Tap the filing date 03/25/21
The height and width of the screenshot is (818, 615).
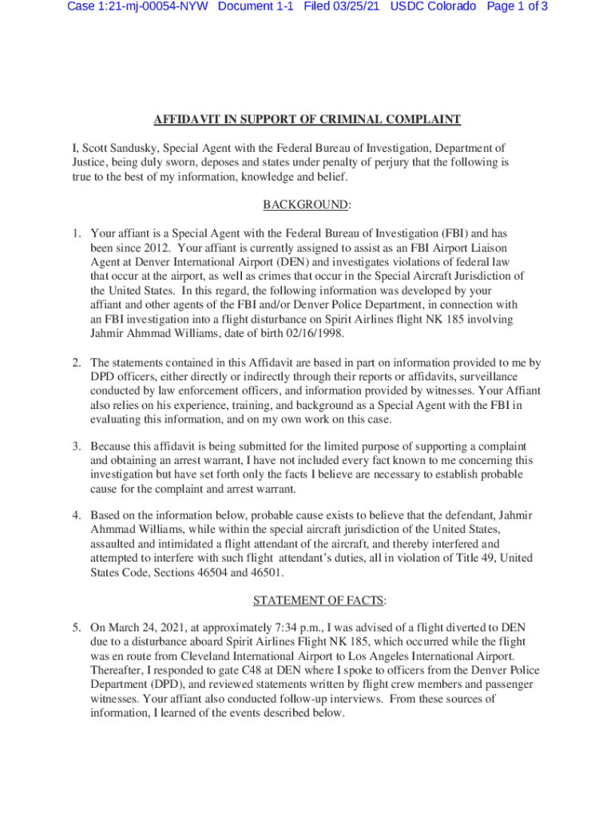pyautogui.click(x=355, y=6)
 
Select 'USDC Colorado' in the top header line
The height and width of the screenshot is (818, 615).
pyautogui.click(x=433, y=6)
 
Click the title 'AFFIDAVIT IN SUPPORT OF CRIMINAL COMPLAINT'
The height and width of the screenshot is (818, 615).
pyautogui.click(x=307, y=120)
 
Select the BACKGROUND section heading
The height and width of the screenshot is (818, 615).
pyautogui.click(x=306, y=205)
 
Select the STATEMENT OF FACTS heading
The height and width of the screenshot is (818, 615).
pyautogui.click(x=307, y=601)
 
